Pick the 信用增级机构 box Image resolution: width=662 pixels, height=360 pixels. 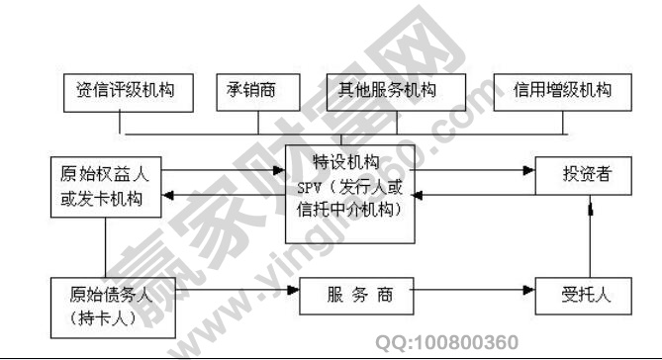[x=563, y=91]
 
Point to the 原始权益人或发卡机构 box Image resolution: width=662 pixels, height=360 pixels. [x=104, y=187]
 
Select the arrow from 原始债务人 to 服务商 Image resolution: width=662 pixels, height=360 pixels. [x=228, y=294]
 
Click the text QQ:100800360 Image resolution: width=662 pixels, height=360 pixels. [x=447, y=343]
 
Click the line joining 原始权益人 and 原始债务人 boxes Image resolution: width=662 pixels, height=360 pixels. [x=105, y=247]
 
